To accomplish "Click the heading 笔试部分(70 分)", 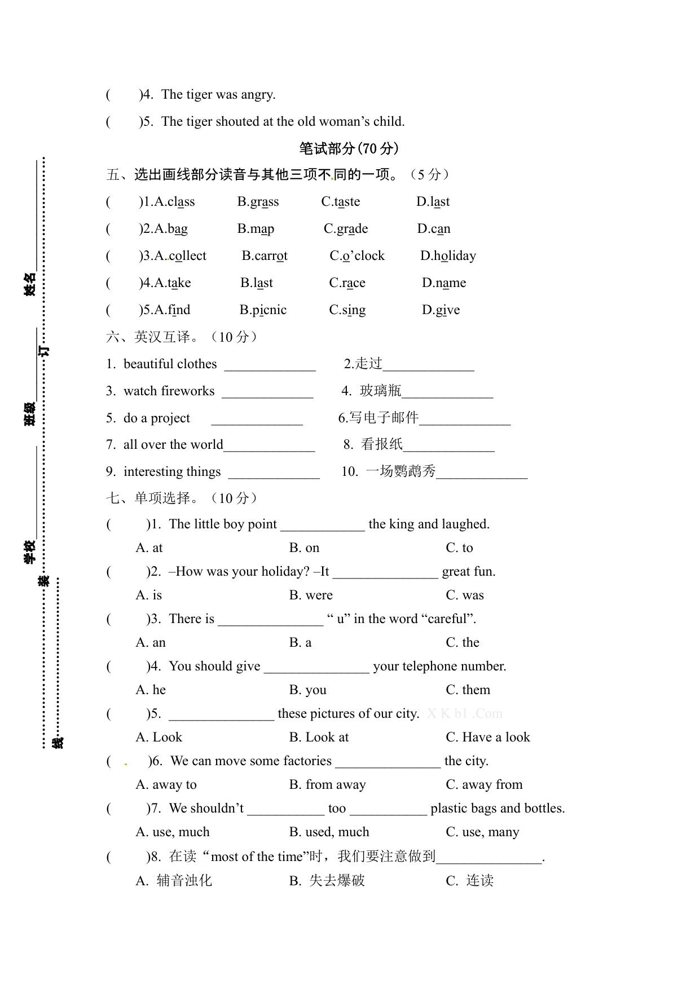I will pos(349,148).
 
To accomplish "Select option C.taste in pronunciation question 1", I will pos(341,202).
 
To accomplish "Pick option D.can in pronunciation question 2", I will pos(434,229).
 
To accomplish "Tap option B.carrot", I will pos(265,256).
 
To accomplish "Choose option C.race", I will pos(347,283).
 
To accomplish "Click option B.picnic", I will pos(263,310).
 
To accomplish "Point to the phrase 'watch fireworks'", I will pos(169,391).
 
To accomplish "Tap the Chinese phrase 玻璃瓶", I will pos(381,391).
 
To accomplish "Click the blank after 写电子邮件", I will pos(465,419).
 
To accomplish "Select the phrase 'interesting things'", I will pos(172,472).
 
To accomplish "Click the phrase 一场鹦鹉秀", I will pos(401,471).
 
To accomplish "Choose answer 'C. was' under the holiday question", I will pos(465,595).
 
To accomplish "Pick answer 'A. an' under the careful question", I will pos(151,643).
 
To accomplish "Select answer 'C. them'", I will pos(468,690).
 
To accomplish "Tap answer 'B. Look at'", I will pos(319,738).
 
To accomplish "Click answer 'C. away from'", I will pos(484,785).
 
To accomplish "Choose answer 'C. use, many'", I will pos(482,832).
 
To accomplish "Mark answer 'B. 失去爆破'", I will pos(327,881).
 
